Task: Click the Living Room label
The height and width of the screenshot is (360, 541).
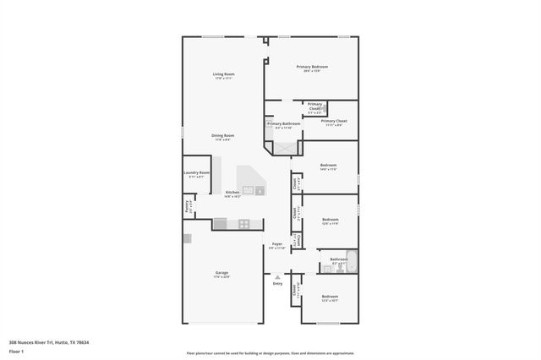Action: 223,75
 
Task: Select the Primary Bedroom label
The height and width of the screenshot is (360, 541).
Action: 312,67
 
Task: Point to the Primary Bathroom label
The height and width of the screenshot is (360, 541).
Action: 284,124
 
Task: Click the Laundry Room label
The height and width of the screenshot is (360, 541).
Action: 196,173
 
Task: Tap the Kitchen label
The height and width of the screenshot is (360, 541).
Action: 232,194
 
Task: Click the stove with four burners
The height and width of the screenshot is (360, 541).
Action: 244,224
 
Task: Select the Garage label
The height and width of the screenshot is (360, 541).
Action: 222,273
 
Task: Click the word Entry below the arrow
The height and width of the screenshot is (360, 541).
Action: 277,283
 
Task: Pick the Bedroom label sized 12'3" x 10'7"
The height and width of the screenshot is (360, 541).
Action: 330,298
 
